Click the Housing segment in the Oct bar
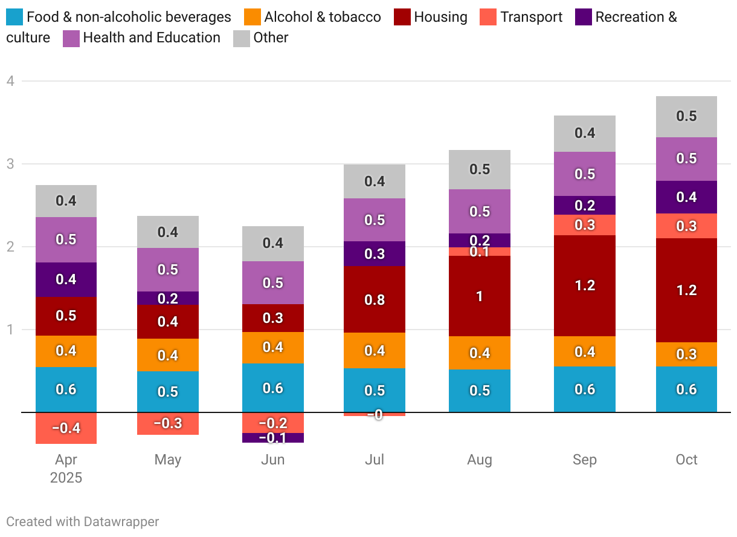point(686,290)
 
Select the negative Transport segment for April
point(66,428)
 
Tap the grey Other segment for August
point(480,169)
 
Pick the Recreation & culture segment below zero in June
point(272,438)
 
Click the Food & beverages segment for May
point(167,391)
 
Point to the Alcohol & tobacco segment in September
point(584,351)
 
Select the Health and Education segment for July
point(375,220)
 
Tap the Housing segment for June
point(272,318)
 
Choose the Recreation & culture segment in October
point(686,197)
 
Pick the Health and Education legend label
point(152,37)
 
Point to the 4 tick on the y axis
point(10,81)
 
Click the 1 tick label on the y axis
point(10,330)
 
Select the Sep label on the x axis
point(584,460)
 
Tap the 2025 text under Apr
point(66,478)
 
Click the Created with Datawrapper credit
point(82,521)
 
